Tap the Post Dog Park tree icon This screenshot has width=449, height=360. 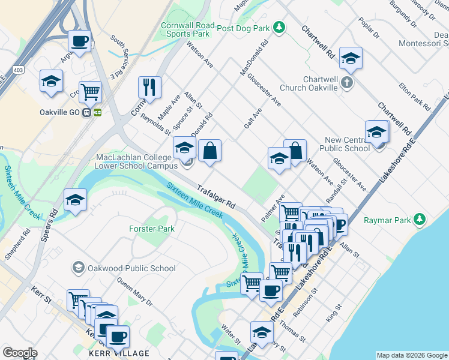pos(279,27)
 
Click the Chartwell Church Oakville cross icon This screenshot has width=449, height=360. pos(347,83)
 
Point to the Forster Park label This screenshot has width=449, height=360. pos(152,229)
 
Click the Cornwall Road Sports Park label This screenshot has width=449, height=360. pos(187,30)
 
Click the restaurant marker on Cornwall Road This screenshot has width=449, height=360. pos(149,88)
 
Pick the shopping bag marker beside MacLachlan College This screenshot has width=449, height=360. pos(209,151)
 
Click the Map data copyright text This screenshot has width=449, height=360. pos(412,355)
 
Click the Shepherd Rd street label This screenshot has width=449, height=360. pos(15,243)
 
